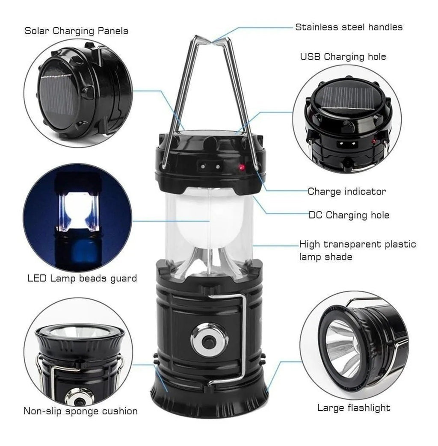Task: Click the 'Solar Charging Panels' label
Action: click(76, 31)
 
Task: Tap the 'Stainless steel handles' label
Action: click(349, 27)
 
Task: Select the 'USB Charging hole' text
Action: click(343, 56)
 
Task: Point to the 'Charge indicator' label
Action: click(346, 192)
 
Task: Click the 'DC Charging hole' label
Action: click(349, 215)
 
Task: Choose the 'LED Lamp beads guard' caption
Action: click(82, 278)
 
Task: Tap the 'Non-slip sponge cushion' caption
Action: click(80, 411)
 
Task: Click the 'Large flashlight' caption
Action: click(354, 408)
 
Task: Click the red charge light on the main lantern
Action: click(242, 167)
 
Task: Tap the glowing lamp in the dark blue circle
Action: click(77, 210)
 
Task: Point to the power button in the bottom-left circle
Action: click(79, 402)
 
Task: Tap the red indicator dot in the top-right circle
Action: click(374, 141)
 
